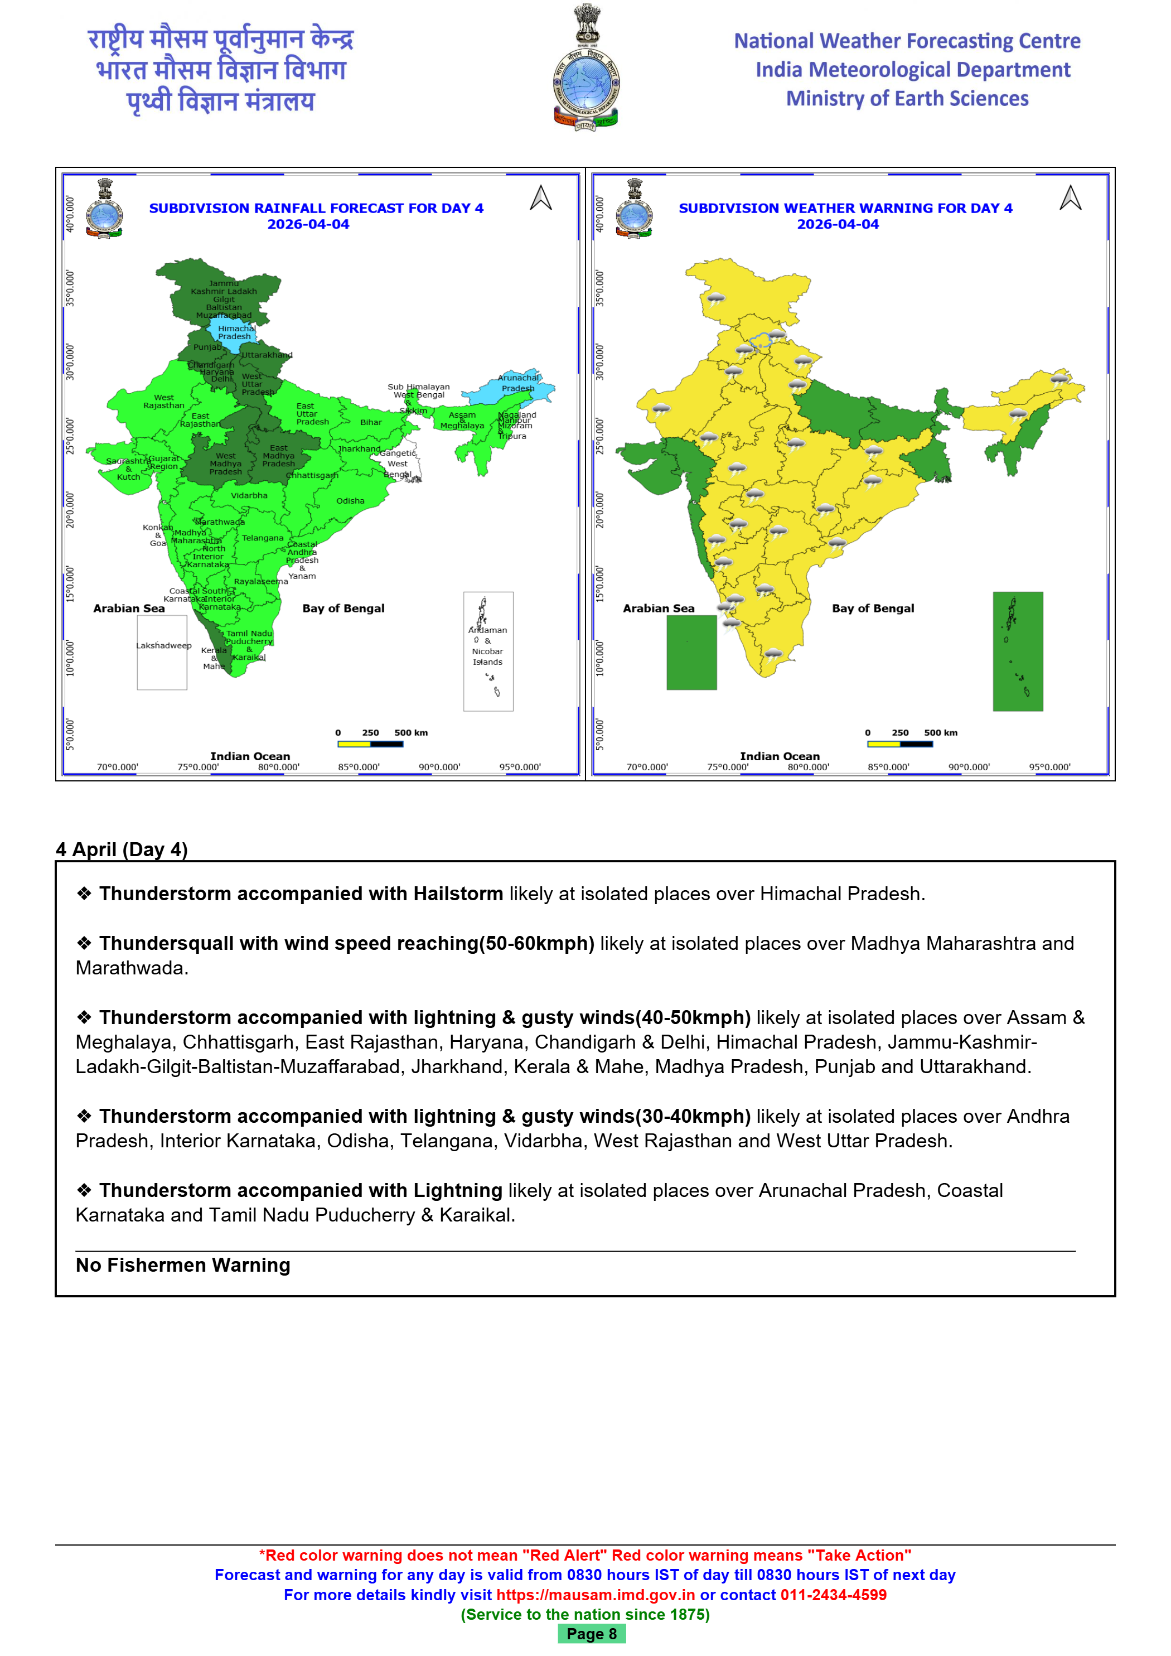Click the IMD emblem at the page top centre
pos(585,68)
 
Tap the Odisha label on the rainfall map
pos(350,500)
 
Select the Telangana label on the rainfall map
pos(263,538)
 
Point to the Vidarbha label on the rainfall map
pos(249,495)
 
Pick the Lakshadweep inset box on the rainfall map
pos(162,652)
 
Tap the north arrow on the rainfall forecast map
pos(541,197)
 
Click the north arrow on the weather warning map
pos(1070,197)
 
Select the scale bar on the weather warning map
pos(900,743)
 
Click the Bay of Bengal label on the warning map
pos(873,608)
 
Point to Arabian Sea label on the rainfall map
pos(129,608)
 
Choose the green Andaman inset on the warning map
pos(1018,651)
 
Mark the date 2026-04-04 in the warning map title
pos(838,224)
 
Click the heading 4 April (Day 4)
pos(122,849)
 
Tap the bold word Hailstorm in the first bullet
pos(458,894)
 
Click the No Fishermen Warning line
pos(183,1265)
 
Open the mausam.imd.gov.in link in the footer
pos(596,1595)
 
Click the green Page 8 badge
pos(591,1634)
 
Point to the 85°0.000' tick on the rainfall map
pos(359,767)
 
